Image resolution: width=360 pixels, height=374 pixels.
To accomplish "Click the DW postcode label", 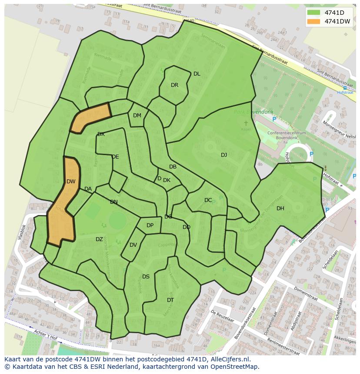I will click(x=71, y=182).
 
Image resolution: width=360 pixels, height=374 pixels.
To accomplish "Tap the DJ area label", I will click(x=224, y=155).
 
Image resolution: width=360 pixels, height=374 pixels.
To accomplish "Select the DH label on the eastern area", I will click(x=280, y=209).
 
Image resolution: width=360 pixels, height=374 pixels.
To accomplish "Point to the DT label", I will click(x=170, y=300).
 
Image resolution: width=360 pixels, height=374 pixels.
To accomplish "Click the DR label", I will click(x=174, y=85).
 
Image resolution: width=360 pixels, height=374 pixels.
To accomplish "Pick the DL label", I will click(x=197, y=74).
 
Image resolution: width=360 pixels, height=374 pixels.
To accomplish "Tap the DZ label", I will click(x=99, y=239).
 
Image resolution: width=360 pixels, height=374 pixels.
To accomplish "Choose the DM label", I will click(x=137, y=116).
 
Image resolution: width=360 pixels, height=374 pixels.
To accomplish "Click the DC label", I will click(x=208, y=200).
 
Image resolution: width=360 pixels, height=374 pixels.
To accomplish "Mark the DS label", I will click(x=146, y=277).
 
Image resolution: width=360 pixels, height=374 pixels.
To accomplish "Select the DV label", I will click(x=133, y=245).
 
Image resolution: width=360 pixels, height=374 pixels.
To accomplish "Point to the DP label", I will click(x=150, y=225).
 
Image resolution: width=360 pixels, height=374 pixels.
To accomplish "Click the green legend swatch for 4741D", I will click(x=313, y=12).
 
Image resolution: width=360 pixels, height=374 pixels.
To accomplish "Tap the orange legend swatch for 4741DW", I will click(x=313, y=21).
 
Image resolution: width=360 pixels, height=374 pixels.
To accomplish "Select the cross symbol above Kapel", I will click(x=246, y=123).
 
